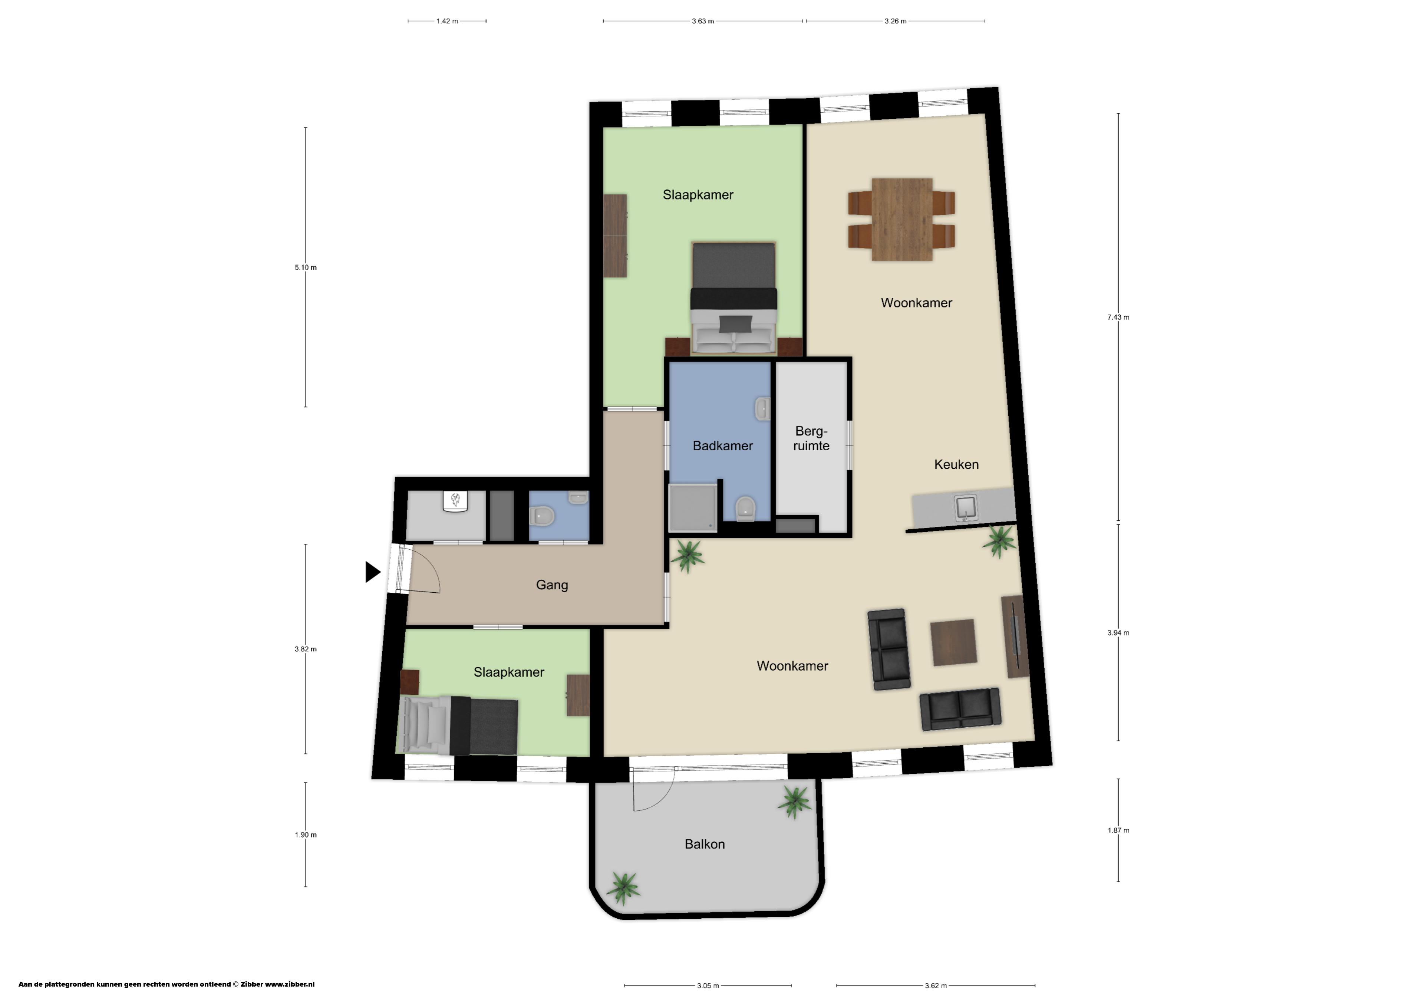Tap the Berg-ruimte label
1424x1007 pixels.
click(811, 438)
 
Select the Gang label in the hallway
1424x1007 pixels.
click(552, 585)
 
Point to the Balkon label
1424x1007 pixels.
click(705, 844)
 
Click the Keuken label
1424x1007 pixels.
click(956, 464)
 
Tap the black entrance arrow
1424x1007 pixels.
click(373, 572)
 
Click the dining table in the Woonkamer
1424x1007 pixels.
click(902, 220)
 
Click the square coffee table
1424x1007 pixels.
click(954, 642)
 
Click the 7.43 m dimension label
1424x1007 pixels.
click(1118, 317)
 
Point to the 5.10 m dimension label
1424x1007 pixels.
click(305, 267)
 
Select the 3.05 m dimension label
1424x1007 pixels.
click(708, 985)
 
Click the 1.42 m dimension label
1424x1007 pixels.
click(446, 21)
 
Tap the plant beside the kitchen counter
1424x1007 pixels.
click(999, 542)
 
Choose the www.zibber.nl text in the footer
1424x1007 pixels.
click(290, 984)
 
